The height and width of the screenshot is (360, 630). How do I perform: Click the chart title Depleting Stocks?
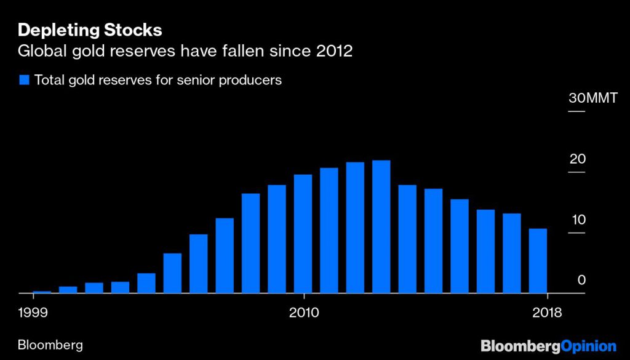coord(90,29)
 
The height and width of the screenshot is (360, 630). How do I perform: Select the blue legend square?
coord(25,80)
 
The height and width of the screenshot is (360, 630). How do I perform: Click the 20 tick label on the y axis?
coord(577,159)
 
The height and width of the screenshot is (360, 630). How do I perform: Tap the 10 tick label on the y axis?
coord(577,220)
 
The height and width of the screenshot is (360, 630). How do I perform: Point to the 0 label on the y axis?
coord(581,281)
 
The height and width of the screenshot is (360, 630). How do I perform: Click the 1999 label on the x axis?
coord(33,313)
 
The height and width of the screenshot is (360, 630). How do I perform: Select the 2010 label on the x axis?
coord(303,313)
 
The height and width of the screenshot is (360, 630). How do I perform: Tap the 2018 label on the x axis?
coord(547,313)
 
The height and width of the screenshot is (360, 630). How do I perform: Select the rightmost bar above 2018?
coord(538,261)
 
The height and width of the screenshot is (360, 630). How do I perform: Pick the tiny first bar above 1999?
coord(42,292)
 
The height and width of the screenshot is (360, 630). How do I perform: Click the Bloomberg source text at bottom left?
coord(51,345)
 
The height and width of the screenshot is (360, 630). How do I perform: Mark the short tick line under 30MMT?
coord(576,111)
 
